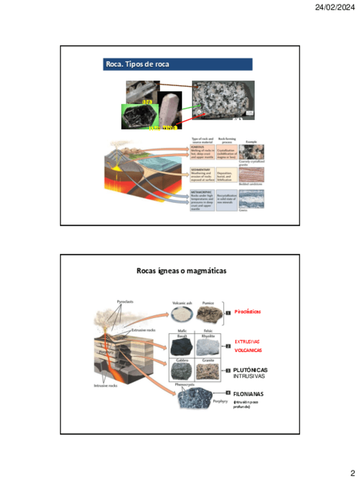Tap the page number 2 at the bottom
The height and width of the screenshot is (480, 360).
click(x=352, y=473)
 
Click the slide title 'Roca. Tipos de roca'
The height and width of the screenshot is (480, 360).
click(x=138, y=64)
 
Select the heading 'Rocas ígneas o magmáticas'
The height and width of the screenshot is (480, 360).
click(x=181, y=271)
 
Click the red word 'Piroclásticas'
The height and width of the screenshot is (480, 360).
click(x=247, y=312)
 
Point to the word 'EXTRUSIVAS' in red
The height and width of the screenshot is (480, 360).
click(x=247, y=342)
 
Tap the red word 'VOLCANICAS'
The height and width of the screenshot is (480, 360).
click(x=248, y=350)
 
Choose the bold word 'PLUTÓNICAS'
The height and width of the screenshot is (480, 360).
click(x=250, y=370)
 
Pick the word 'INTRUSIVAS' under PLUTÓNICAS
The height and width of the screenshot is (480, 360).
click(x=248, y=376)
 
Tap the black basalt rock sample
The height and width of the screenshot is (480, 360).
click(x=182, y=345)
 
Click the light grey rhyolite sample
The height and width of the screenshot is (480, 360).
click(x=208, y=345)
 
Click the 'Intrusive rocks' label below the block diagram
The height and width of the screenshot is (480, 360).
click(x=105, y=385)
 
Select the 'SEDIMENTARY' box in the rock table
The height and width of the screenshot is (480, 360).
click(x=202, y=176)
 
